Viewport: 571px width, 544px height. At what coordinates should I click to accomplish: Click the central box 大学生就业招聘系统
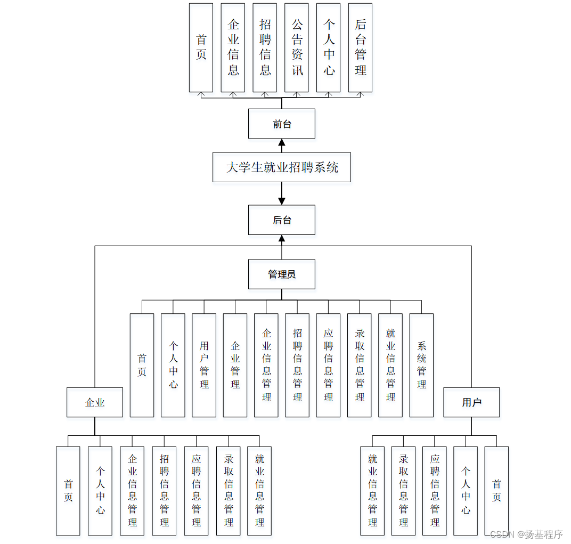[281, 167]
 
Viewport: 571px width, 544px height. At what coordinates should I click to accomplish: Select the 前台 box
[281, 124]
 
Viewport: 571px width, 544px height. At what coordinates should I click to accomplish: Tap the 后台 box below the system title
[281, 220]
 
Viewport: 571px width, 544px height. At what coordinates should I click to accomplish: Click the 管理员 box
[281, 274]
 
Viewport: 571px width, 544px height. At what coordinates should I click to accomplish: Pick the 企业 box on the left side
[95, 402]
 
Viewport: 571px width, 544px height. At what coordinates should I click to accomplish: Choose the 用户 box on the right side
[471, 402]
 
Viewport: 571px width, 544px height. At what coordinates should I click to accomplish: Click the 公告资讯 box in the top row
[297, 47]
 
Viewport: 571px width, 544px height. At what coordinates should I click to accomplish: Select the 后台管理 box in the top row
[360, 47]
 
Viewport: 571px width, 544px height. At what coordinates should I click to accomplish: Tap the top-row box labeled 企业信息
[233, 47]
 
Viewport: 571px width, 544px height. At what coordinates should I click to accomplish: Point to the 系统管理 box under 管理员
[421, 365]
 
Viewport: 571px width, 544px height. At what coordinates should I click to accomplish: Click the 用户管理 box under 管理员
[204, 365]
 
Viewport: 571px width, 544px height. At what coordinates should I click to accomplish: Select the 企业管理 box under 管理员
[235, 365]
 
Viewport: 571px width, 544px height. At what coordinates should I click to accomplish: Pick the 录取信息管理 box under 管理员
[360, 365]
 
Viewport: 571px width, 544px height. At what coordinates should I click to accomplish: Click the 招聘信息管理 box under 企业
[164, 491]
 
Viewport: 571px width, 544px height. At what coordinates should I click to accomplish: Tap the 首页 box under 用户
[496, 491]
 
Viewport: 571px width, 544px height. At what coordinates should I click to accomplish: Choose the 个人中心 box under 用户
[466, 491]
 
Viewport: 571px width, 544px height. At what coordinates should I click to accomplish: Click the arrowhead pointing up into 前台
[282, 142]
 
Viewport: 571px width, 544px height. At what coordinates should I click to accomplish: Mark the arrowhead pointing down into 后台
[282, 201]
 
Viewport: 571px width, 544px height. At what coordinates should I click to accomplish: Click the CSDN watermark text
[526, 534]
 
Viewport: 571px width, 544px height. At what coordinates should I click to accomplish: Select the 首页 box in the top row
[201, 47]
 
